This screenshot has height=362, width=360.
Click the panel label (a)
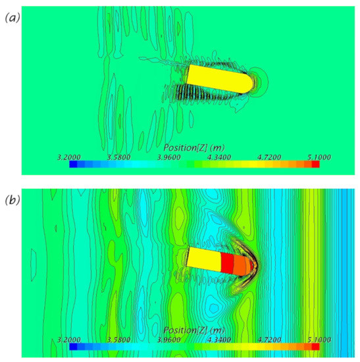[13, 18]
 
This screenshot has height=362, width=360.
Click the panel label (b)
[13, 200]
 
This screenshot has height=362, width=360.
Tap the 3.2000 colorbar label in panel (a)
[69, 157]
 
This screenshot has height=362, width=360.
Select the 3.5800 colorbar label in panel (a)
[118, 157]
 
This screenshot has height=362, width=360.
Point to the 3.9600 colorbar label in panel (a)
[168, 157]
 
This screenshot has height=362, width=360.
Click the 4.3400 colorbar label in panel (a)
[219, 157]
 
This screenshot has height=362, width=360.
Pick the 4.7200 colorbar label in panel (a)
[269, 157]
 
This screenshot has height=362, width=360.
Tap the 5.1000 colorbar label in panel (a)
[319, 157]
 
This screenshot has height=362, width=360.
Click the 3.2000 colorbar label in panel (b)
[69, 340]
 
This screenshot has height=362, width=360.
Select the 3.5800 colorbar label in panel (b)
[118, 340]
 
